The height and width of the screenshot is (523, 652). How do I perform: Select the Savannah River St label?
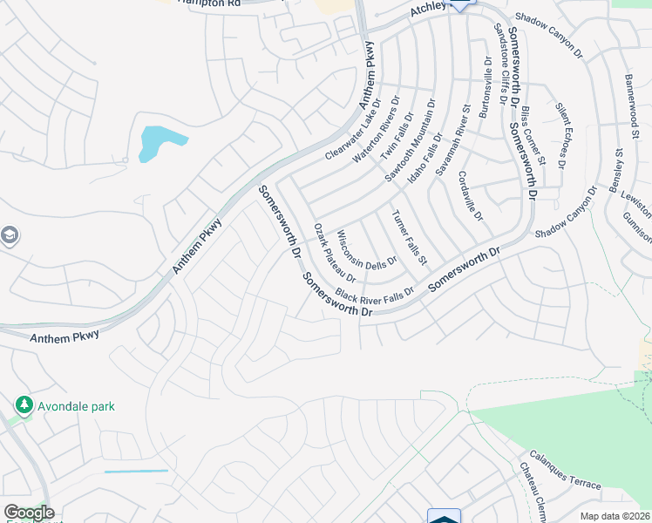coord(453,141)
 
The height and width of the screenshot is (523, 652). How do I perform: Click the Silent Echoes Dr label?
coord(560,135)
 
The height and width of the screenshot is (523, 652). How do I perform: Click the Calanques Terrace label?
coord(564,472)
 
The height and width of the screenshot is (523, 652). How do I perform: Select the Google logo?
coord(28,513)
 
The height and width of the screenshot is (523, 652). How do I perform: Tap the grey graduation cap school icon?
coord(9,235)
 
